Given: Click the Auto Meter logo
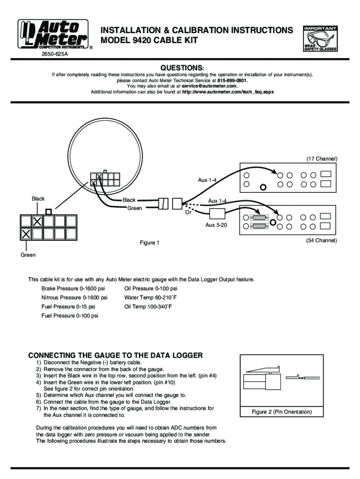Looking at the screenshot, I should coord(53,34).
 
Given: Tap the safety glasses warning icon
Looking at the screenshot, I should coord(320,39).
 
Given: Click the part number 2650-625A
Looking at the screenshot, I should coord(55,54).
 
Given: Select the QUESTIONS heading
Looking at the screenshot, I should coord(182,67).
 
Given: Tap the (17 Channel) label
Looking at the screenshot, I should coord(322,159).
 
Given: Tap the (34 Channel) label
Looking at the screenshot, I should coord(322,240).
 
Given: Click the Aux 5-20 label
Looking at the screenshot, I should coord(216,225).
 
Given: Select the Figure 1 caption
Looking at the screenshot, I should coord(150,243).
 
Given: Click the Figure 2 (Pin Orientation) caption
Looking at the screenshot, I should coord(281,412).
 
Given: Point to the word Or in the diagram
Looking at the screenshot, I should coord(188,212).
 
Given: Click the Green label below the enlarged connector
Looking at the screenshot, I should coord(28,255).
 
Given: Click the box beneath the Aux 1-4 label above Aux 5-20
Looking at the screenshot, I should coord(217,214).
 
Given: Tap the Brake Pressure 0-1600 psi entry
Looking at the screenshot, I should coord(73,289).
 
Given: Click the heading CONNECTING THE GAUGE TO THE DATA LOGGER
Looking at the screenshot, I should coord(115,356).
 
